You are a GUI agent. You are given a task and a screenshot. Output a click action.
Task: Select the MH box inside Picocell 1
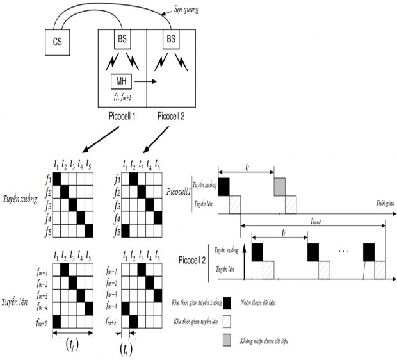(x=122, y=81)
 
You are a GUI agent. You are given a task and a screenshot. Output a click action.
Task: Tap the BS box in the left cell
(x=122, y=40)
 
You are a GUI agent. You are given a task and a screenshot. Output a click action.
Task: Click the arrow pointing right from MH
(x=145, y=82)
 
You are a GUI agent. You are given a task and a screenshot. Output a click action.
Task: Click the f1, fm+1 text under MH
(x=122, y=97)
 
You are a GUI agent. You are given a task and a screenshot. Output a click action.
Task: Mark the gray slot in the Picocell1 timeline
(x=279, y=187)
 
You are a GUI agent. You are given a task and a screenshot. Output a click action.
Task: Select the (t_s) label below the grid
(x=126, y=351)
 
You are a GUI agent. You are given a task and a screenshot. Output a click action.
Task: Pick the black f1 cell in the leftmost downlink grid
(x=56, y=177)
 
